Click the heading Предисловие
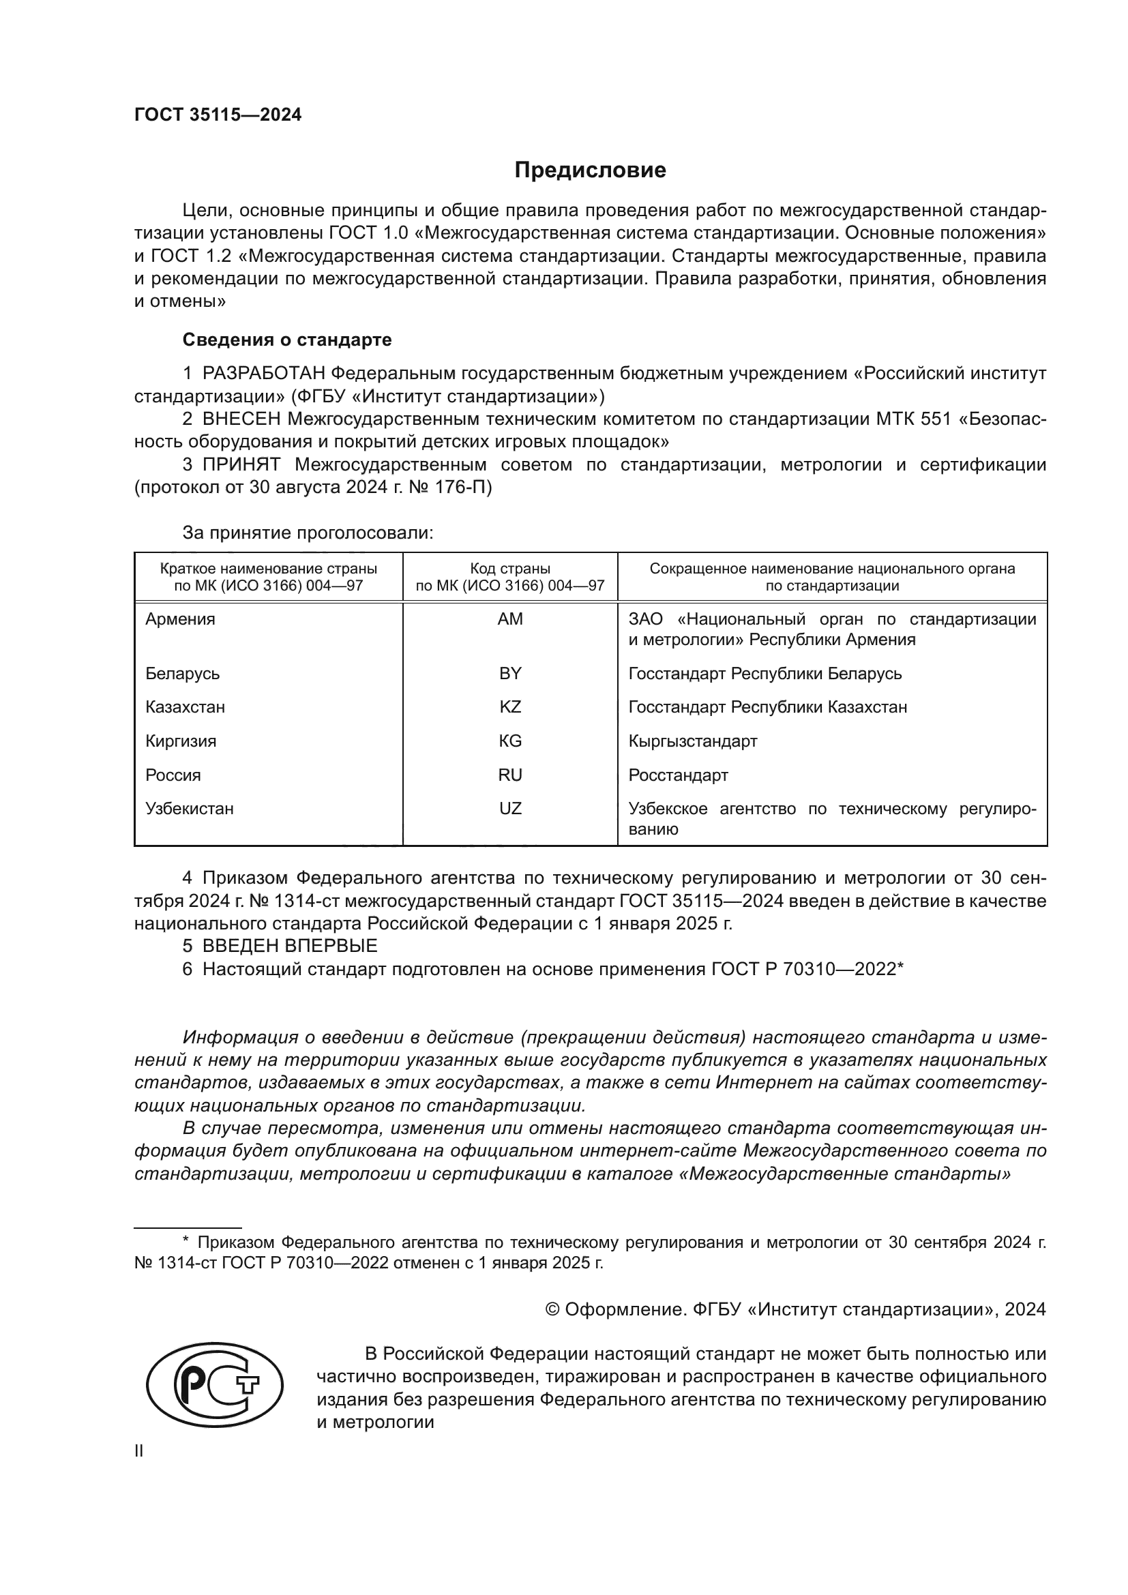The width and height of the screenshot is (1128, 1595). [590, 170]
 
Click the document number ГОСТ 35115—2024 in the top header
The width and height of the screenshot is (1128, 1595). [218, 115]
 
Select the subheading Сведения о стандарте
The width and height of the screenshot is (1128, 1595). [287, 340]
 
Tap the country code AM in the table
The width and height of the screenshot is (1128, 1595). [510, 619]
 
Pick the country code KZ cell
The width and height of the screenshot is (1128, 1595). [510, 707]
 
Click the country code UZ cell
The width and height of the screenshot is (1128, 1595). [510, 809]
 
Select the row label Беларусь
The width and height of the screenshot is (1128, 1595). [182, 674]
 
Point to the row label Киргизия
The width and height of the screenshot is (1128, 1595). [181, 741]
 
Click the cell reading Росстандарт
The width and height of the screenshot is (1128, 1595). [678, 775]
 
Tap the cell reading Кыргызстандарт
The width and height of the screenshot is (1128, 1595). [692, 741]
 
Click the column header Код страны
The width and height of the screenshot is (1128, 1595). [510, 569]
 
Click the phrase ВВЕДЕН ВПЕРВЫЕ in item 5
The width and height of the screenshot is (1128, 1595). [290, 946]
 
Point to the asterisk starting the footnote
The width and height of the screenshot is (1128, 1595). [185, 1240]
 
